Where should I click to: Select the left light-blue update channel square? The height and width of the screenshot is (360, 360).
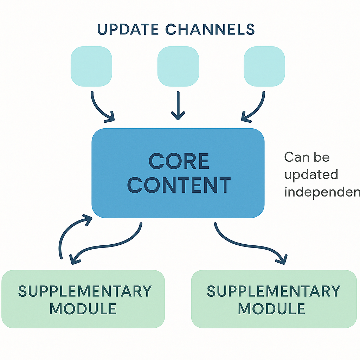(x=91, y=66)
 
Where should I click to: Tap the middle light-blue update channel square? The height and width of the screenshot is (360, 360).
(x=178, y=66)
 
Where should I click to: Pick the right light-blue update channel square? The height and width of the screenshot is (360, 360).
(x=264, y=66)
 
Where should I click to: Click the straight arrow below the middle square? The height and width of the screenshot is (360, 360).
(x=178, y=105)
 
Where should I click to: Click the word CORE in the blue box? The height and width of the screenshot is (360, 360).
(x=179, y=162)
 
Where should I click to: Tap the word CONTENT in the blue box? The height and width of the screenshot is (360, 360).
(x=179, y=185)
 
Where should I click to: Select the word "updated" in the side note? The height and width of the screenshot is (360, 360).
(x=311, y=174)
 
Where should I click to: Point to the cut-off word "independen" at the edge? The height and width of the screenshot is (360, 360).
(x=322, y=192)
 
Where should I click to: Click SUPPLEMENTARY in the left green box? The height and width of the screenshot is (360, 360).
(x=85, y=291)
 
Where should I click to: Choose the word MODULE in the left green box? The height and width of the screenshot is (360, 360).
(x=83, y=309)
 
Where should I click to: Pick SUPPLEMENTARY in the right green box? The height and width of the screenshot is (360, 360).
(x=274, y=291)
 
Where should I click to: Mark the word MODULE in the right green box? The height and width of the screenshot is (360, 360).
(x=271, y=309)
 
